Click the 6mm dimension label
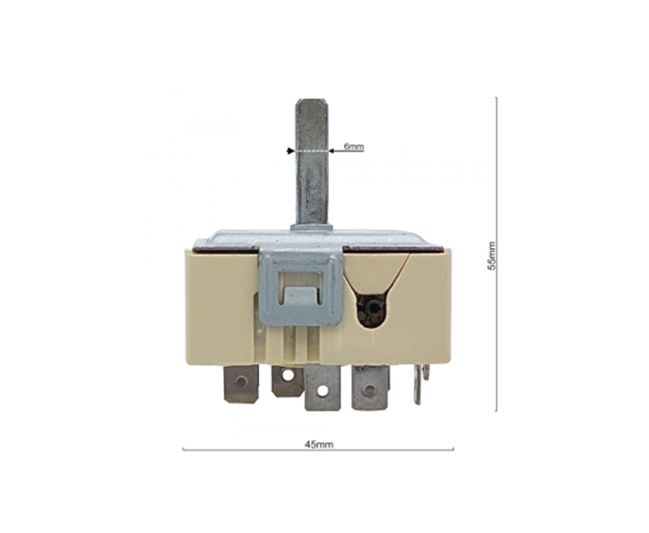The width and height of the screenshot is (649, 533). click(354, 147)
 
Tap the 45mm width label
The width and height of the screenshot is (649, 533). click(319, 445)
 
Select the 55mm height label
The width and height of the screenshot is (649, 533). click(491, 256)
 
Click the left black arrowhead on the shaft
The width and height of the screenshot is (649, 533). click(290, 151)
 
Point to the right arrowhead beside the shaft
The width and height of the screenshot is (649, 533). click(332, 151)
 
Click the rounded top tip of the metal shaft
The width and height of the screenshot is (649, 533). click(311, 100)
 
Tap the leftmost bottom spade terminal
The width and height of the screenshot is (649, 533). click(241, 383)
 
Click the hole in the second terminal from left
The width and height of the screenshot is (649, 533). click(288, 375)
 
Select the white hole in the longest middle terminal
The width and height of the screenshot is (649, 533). click(322, 390)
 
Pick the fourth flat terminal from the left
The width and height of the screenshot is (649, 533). click(370, 388)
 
